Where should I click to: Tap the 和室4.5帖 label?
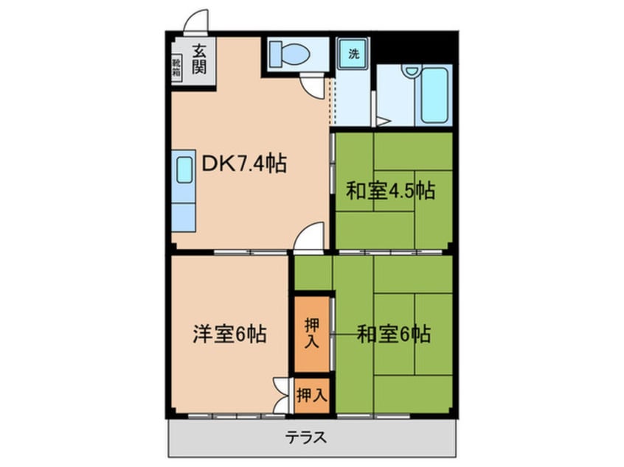tap(390, 192)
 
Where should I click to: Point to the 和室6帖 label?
tap(394, 335)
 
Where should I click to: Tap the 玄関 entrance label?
tap(198, 60)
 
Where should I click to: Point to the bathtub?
tap(432, 96)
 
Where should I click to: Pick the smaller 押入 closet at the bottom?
tap(311, 395)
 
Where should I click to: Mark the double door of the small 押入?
tap(281, 396)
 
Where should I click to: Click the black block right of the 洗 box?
tap(414, 46)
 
